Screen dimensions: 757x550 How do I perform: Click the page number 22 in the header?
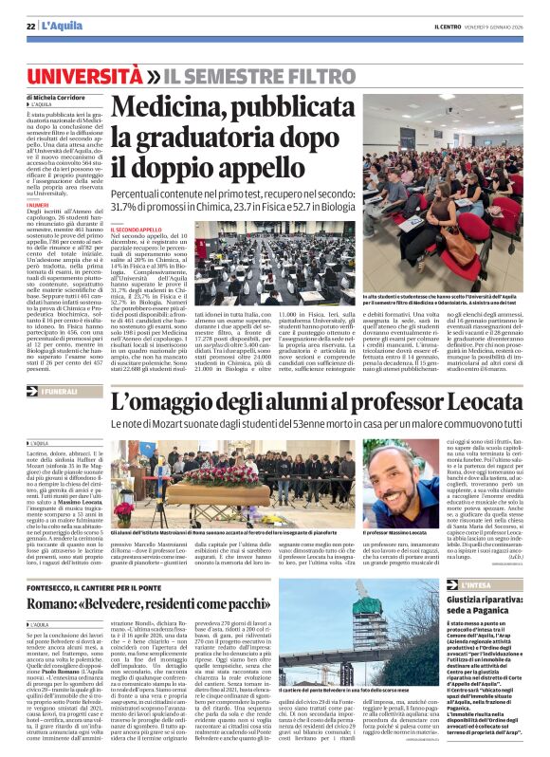(x=30, y=26)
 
